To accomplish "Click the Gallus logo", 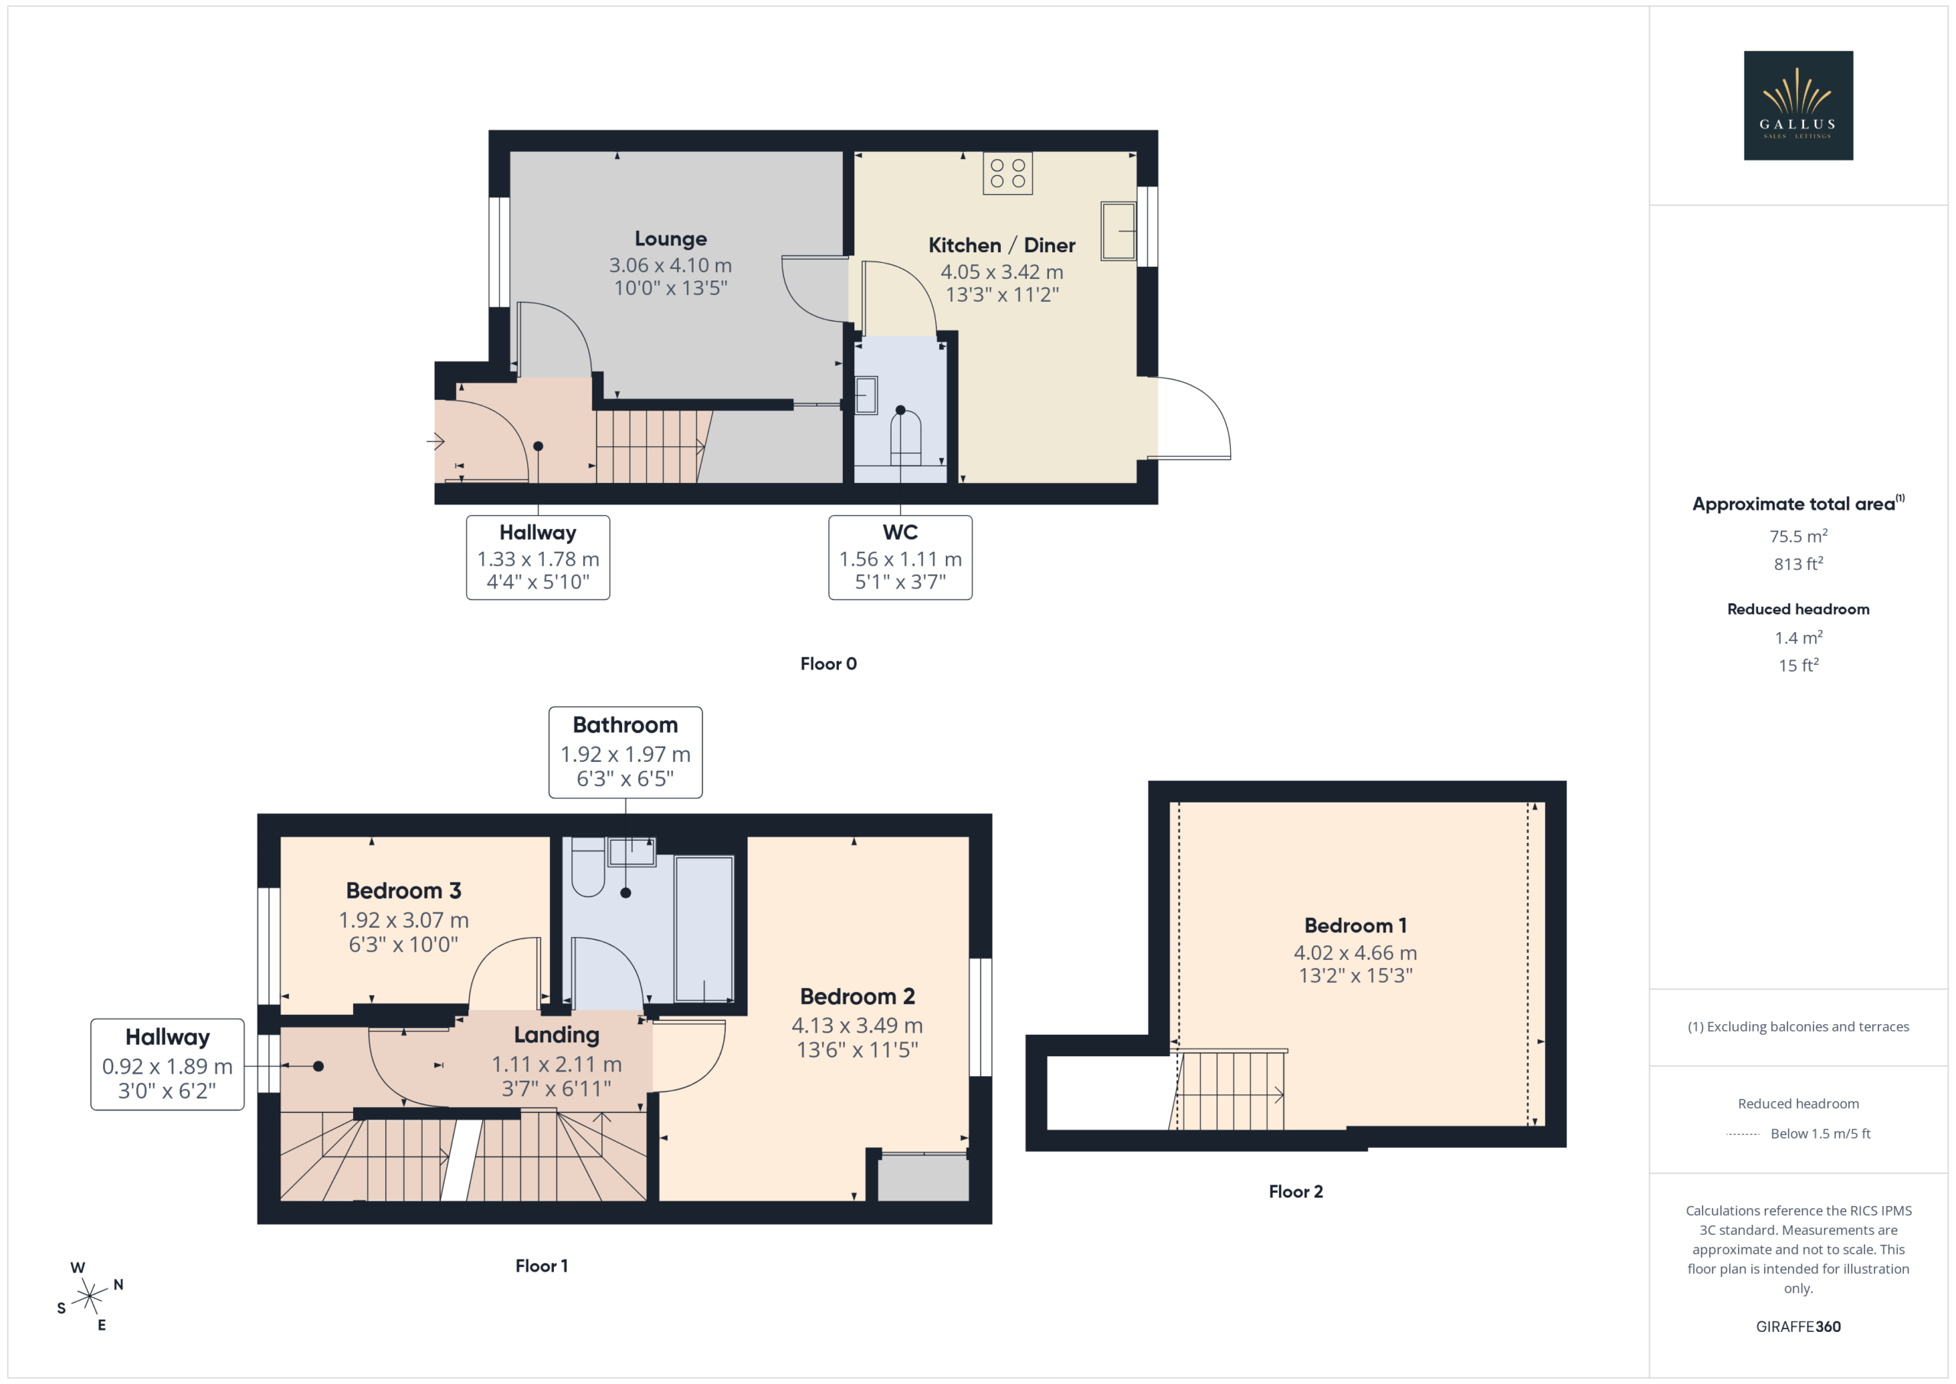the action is (1798, 105).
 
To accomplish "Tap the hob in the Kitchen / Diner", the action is (1008, 173).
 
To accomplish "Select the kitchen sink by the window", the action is (1118, 230).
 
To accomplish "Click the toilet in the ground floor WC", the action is (905, 437).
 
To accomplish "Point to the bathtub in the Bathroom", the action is (704, 929).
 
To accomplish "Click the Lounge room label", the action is (670, 238).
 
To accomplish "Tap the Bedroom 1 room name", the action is (1355, 925).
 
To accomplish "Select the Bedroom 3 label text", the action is (404, 890).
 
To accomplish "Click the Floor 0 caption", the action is (828, 664).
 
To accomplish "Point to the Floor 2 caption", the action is (1296, 1191).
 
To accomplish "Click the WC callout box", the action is (901, 557).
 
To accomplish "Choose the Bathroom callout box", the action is (625, 753).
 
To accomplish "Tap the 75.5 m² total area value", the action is (1799, 536).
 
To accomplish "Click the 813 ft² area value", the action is (1799, 563).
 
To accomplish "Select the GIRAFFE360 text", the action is (1799, 1326).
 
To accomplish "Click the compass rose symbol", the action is (89, 1296).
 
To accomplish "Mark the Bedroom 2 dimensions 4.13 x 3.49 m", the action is (857, 1026).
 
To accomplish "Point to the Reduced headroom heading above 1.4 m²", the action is (1799, 609).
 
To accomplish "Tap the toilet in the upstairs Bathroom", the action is (588, 867).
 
